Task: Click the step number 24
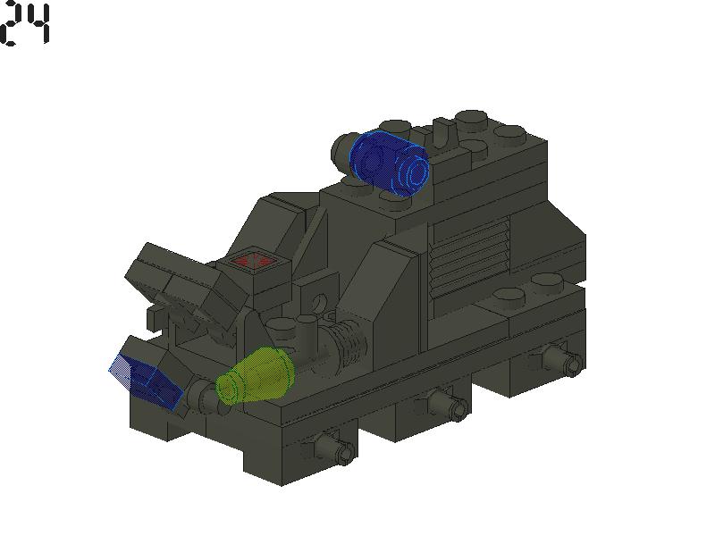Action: tap(26, 25)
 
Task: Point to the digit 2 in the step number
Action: tap(12, 25)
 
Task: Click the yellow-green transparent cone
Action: tap(257, 375)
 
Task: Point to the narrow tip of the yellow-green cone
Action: tap(225, 389)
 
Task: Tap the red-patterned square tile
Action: tap(252, 263)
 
